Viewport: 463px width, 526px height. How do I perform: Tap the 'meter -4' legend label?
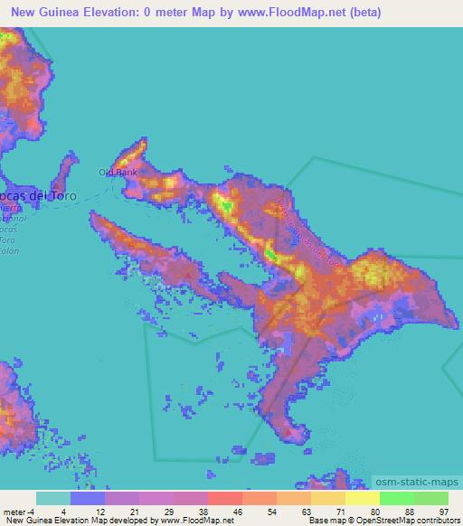18,512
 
